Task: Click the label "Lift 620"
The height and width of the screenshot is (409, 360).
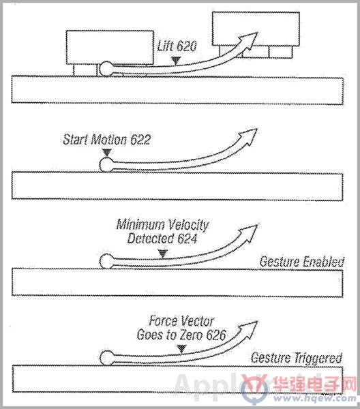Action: pos(177,46)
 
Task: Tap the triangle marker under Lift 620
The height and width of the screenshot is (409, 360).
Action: pos(176,61)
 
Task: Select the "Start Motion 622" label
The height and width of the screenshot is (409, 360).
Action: pos(107,139)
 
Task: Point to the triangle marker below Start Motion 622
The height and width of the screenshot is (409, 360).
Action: pos(106,152)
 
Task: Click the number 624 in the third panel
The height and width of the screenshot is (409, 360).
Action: pos(187,239)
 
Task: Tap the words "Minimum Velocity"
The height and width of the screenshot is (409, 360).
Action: pos(162,225)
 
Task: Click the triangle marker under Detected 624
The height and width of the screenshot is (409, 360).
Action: pos(163,253)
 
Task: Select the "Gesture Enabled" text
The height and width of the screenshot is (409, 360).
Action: pos(302,262)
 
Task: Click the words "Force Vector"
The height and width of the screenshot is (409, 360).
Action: pos(181,321)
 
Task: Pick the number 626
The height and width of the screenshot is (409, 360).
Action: pos(215,335)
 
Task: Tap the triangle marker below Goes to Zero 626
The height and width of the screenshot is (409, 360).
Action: pos(181,348)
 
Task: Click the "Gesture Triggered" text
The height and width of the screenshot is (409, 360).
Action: pos(297,358)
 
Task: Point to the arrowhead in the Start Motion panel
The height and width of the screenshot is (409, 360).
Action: pos(248,136)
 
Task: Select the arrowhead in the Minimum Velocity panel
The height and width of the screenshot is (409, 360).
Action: pos(248,232)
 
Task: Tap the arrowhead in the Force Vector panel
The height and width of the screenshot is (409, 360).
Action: pos(248,329)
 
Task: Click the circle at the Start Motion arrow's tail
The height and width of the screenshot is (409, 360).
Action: pos(106,164)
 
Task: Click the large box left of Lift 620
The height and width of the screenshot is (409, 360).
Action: pos(110,48)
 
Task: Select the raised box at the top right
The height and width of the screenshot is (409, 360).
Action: pos(256,29)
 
